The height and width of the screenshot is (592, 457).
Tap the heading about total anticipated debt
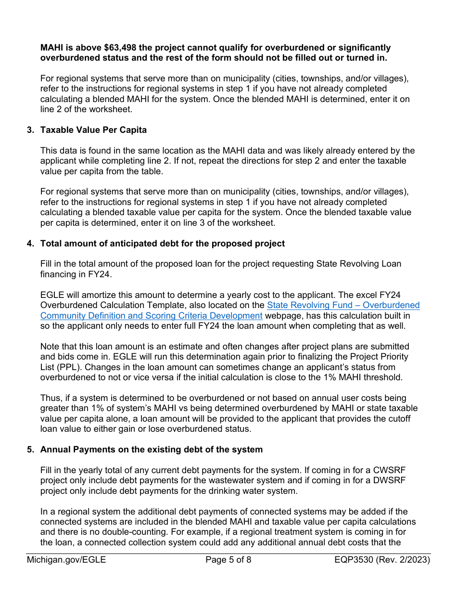(x=163, y=244)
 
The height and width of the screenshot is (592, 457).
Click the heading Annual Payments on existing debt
(x=152, y=450)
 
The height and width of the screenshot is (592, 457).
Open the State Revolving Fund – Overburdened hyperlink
(x=343, y=305)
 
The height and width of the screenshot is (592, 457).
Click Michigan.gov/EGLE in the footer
(x=66, y=560)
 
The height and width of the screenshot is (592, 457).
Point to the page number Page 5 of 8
(x=228, y=560)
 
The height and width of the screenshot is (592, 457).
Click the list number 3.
(x=30, y=130)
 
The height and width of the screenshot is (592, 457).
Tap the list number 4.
(x=30, y=244)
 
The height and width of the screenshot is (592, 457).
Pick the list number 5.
(x=30, y=450)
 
